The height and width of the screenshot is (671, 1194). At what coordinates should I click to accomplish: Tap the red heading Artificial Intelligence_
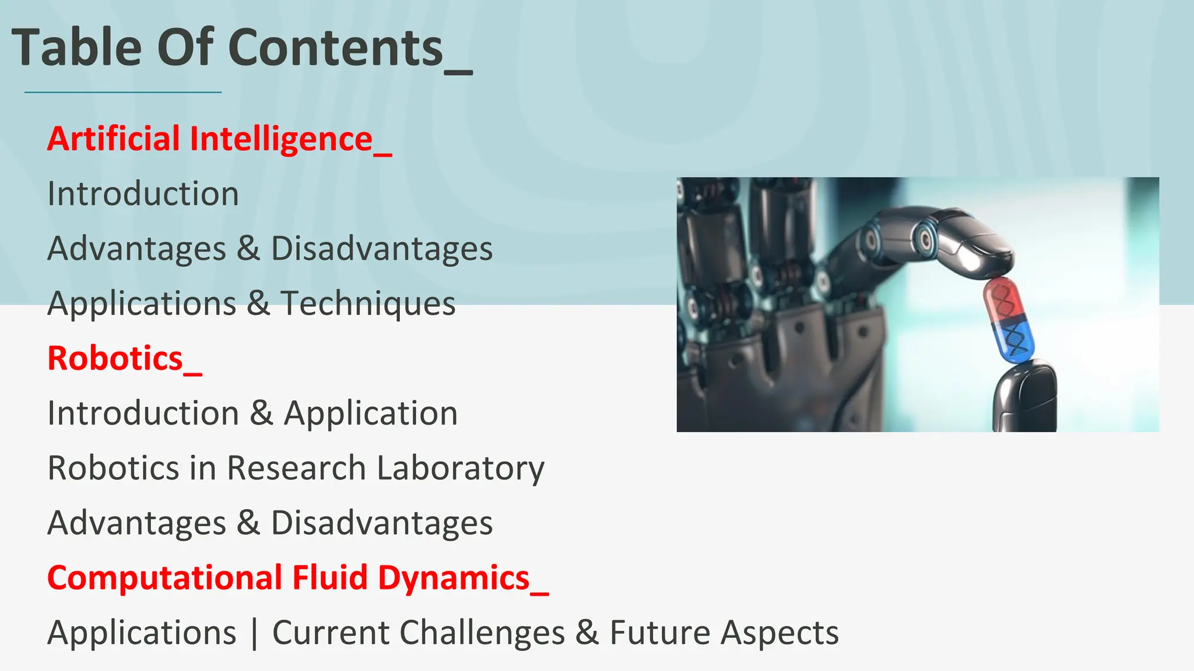click(x=219, y=139)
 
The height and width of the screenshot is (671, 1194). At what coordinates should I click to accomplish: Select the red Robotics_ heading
click(x=124, y=358)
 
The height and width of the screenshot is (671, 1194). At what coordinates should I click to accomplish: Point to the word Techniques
click(x=368, y=303)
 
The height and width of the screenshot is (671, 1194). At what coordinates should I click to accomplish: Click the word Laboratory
click(x=461, y=468)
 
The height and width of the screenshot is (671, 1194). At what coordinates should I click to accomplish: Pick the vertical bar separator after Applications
click(x=254, y=633)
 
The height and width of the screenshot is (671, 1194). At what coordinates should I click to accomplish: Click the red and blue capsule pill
click(x=1009, y=320)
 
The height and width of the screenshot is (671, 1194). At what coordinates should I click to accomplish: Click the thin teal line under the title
click(x=123, y=92)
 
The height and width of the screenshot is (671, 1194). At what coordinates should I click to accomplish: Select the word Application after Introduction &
click(x=371, y=414)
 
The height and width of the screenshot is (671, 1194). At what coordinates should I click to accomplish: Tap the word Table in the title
click(x=76, y=48)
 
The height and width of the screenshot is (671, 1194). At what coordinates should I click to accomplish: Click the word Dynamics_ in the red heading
click(x=463, y=578)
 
